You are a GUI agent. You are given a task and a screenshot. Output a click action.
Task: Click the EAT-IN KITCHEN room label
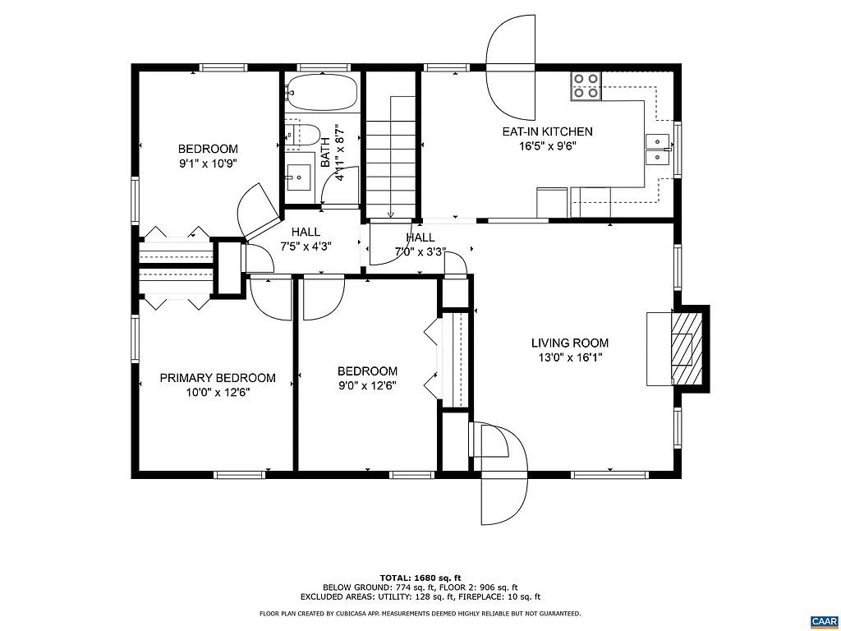point(547,131)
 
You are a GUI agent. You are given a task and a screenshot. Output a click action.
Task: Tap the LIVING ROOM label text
point(569,343)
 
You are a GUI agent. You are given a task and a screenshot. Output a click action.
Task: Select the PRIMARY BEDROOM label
point(218,378)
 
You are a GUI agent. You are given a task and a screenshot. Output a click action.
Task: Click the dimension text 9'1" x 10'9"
point(208,164)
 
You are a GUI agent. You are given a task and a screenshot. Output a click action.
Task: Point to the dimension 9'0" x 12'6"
point(368,385)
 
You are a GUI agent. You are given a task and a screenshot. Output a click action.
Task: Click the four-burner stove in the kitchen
point(586,85)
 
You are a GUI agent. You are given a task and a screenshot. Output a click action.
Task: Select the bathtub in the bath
point(322,92)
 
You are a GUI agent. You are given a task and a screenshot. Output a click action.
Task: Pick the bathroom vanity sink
point(298,175)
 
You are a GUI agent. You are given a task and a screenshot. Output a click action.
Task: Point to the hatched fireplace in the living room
point(688,348)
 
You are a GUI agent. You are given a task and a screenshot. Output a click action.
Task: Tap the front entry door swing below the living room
point(503,477)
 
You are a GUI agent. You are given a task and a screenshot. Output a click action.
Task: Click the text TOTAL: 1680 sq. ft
point(420,577)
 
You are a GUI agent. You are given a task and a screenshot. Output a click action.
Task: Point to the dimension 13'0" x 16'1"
point(569,357)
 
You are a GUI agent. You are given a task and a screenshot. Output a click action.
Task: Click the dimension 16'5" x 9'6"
point(547,146)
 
